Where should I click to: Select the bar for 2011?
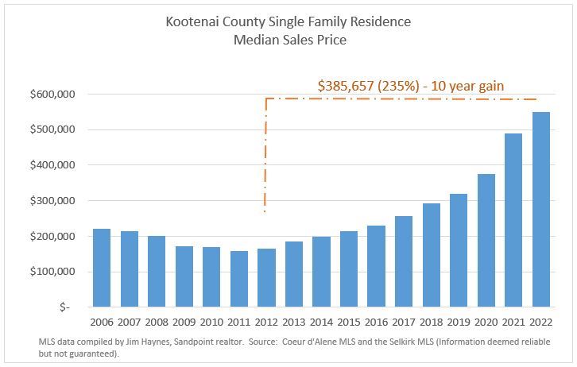pyautogui.click(x=238, y=279)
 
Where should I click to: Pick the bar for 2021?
pyautogui.click(x=513, y=220)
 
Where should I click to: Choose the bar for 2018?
pyautogui.click(x=431, y=255)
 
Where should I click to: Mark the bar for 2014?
pyautogui.click(x=321, y=272)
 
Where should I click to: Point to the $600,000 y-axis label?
pyautogui.click(x=52, y=95)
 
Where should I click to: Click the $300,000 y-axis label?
pyautogui.click(x=52, y=201)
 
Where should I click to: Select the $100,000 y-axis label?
pyautogui.click(x=52, y=272)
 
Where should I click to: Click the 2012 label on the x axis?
pyautogui.click(x=266, y=322)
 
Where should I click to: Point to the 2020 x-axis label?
pyautogui.click(x=486, y=322)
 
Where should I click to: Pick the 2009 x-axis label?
pyautogui.click(x=184, y=322)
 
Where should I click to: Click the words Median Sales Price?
pyautogui.click(x=288, y=40)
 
